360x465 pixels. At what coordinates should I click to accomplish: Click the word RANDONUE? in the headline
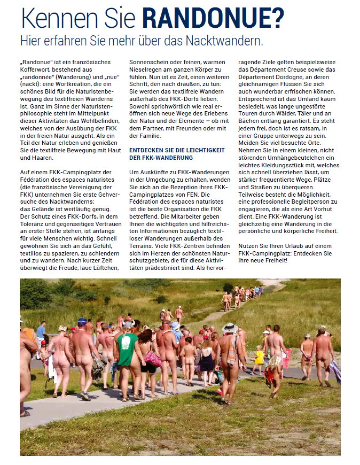213,18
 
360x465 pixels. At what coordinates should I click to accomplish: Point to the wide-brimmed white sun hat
230,328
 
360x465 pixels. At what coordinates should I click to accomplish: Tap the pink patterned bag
153,358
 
